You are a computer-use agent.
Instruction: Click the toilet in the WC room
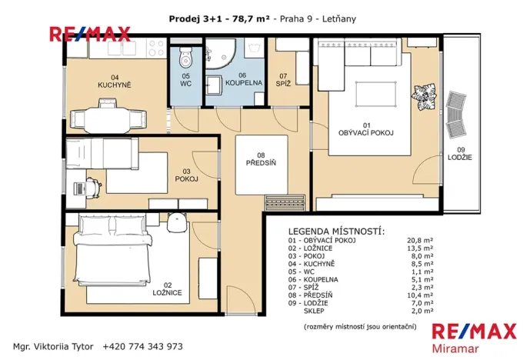(185, 58)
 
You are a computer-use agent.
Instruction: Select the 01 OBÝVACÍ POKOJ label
(367, 128)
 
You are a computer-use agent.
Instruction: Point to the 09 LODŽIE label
(462, 153)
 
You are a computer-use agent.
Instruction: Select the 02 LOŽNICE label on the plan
(166, 288)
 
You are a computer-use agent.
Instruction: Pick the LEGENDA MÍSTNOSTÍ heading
(336, 231)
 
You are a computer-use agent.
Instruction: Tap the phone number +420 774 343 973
(145, 347)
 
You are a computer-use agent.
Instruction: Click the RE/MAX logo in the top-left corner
(89, 34)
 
